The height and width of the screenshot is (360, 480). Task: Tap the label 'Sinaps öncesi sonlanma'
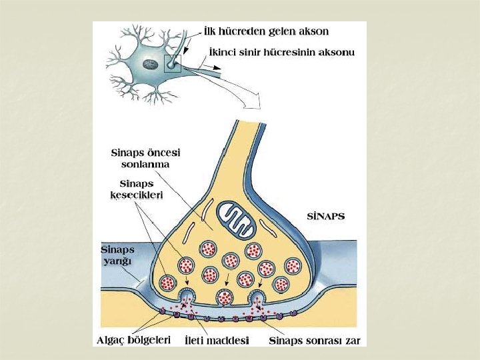pos(145,158)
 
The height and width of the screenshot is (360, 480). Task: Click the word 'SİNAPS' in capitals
pos(325,217)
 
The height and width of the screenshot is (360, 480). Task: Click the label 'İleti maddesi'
pos(216,341)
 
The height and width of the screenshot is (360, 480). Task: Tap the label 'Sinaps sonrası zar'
pos(314,341)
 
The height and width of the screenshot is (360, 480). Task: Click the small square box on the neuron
pos(172,63)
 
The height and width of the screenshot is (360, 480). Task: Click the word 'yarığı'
pos(114,261)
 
